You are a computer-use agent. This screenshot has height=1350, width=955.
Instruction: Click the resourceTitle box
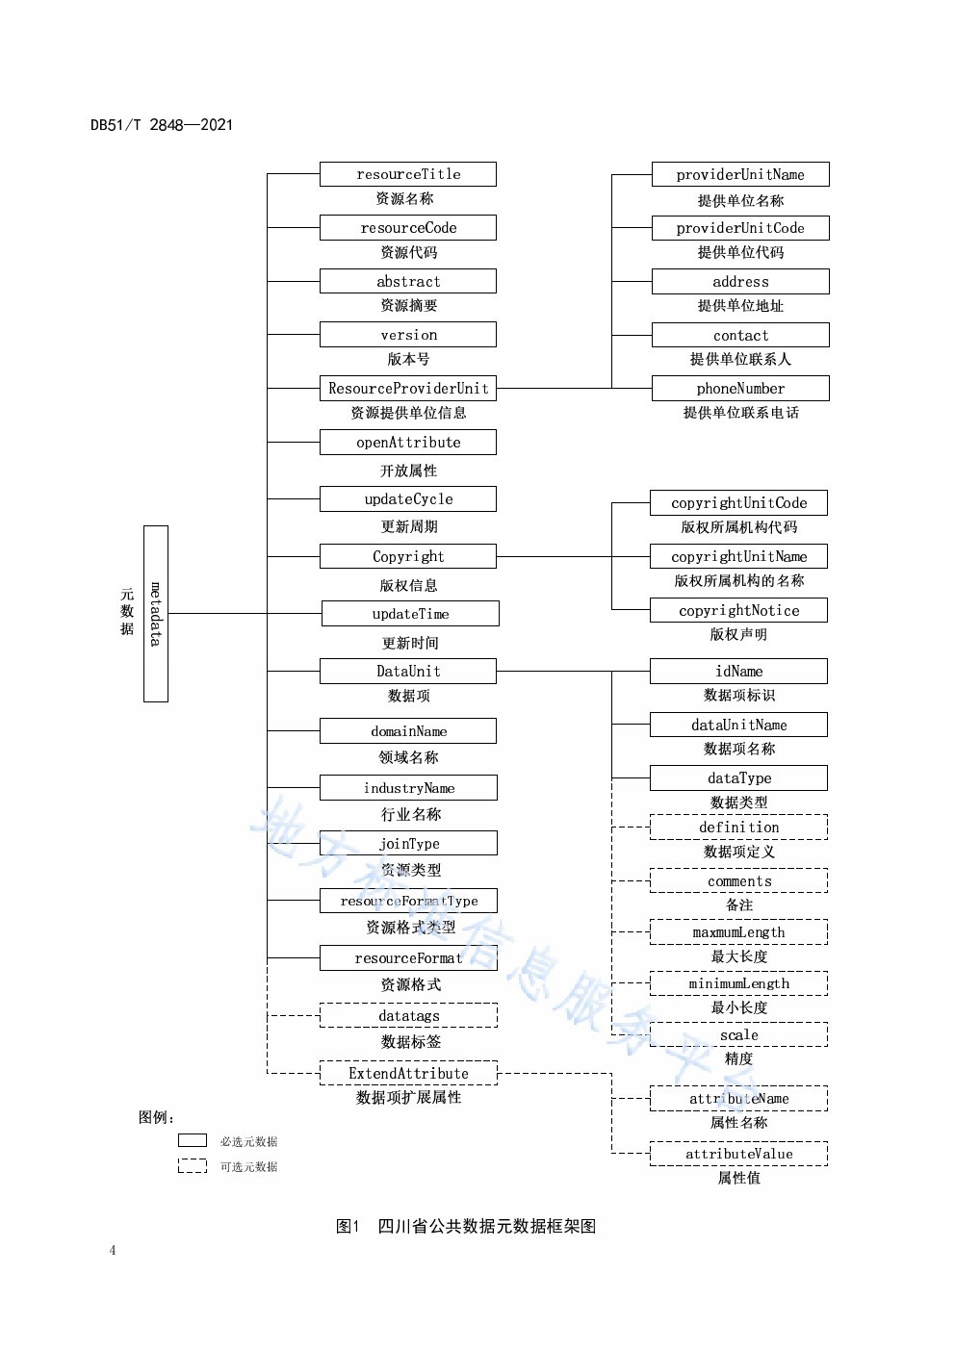pos(408,174)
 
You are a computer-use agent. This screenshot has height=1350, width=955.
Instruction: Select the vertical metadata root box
pos(156,613)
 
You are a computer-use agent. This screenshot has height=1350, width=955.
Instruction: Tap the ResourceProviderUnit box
pos(408,388)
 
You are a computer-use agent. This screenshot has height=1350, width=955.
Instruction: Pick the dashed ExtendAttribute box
pos(408,1073)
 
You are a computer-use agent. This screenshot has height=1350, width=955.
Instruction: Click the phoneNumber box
pos(740,388)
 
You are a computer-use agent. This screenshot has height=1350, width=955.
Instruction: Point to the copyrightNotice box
pos(738,610)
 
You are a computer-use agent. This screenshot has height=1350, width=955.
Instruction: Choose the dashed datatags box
pos(408,1015)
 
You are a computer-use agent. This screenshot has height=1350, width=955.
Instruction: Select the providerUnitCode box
pos(740,228)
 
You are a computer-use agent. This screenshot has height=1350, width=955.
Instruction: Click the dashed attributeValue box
pos(738,1153)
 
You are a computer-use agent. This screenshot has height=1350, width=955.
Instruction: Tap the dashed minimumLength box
pos(738,983)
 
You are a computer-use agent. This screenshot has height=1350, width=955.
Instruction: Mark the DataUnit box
pos(408,671)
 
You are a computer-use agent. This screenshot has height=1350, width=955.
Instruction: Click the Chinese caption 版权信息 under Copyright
pos(408,585)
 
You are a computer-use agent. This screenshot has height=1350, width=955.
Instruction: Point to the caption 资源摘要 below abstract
pos(408,305)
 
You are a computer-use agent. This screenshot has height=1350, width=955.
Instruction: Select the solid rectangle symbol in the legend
pos(193,1140)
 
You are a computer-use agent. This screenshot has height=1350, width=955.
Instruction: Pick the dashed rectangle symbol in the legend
pos(193,1165)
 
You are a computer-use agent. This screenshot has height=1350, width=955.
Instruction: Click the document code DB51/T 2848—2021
pos(162,124)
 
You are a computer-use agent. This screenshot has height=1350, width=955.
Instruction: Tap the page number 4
pos(113,1250)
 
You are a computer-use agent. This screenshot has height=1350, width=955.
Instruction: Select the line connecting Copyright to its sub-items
pos(554,556)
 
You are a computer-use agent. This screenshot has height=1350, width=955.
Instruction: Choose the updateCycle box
pos(408,498)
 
